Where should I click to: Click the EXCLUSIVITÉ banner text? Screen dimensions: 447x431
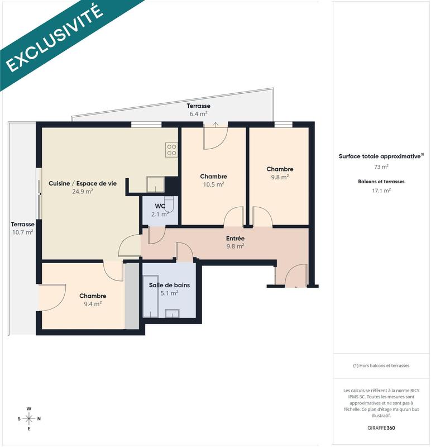(54, 38)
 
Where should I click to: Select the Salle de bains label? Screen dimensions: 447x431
(169, 288)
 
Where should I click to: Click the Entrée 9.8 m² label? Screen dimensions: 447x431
(235, 242)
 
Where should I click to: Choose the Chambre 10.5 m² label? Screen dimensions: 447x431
(213, 180)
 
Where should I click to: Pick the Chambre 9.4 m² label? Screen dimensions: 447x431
(93, 300)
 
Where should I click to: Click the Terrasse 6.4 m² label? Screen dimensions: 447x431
(198, 110)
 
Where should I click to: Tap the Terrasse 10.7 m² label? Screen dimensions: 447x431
(22, 227)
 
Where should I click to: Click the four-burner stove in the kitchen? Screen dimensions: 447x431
(171, 149)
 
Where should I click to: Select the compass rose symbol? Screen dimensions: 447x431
(29, 418)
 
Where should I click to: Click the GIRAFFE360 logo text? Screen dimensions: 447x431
(381, 428)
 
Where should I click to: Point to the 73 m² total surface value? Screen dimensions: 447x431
(381, 166)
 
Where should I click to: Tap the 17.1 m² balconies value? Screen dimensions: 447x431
(381, 191)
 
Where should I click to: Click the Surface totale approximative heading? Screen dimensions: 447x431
(381, 156)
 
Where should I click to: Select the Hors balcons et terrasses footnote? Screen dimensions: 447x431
(381, 365)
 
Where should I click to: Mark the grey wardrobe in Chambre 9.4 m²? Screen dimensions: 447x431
(132, 296)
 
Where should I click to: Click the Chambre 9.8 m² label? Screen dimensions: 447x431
(280, 173)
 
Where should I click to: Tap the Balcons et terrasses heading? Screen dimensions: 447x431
(381, 182)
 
